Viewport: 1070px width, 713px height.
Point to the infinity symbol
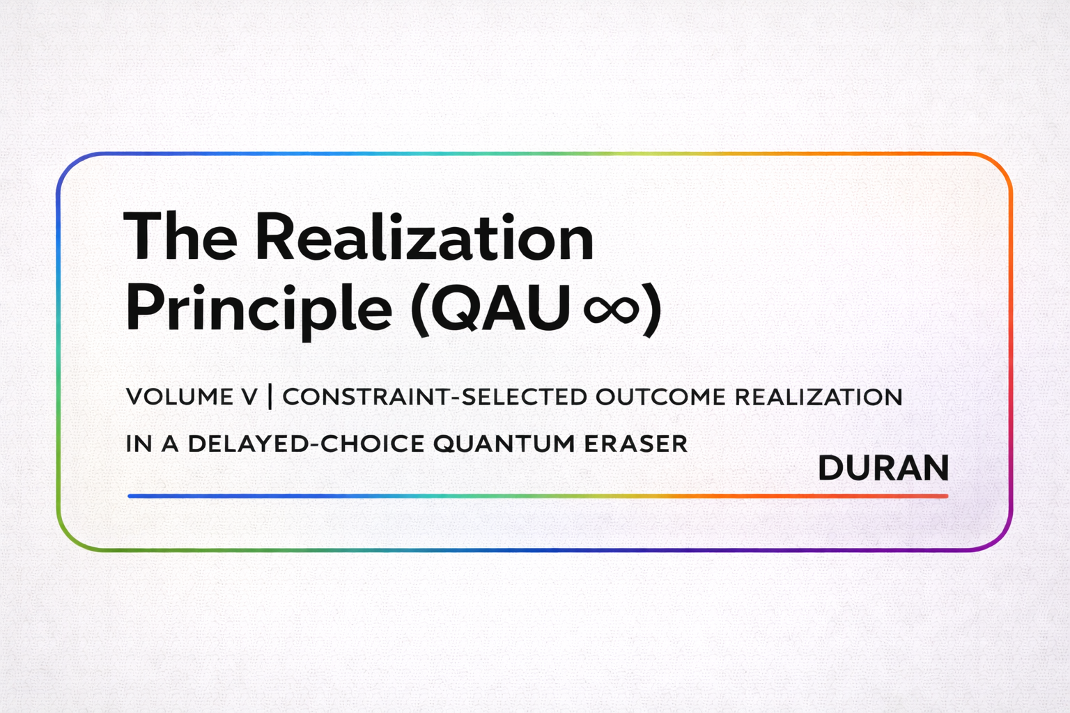[x=611, y=308]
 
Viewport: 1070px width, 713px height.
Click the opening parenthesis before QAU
[x=421, y=308]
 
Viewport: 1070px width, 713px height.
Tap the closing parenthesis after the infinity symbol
[x=651, y=308]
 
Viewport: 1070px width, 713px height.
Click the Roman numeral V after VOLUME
[x=249, y=397]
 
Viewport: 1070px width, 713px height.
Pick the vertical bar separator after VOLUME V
[x=270, y=397]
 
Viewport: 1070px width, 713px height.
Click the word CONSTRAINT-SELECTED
[x=435, y=397]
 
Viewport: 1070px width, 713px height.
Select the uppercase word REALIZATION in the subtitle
[x=819, y=397]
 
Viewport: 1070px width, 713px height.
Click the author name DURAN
[x=883, y=468]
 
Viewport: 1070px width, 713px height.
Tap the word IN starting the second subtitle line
[x=139, y=444]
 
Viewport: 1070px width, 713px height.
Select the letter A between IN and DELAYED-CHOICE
[x=171, y=444]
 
